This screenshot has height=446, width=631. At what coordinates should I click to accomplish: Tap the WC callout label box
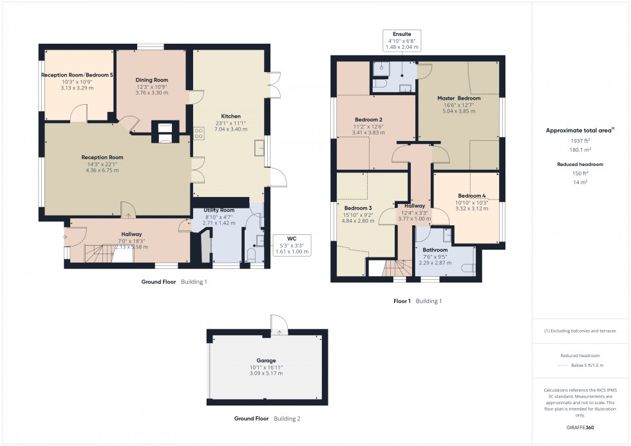click(292, 245)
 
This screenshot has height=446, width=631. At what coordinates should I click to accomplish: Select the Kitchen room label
click(231, 116)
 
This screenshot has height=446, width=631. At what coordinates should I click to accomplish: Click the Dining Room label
click(152, 80)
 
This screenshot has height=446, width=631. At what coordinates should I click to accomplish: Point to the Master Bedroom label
click(459, 98)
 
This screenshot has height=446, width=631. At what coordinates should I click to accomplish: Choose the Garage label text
click(266, 360)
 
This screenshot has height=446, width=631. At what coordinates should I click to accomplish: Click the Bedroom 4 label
click(472, 196)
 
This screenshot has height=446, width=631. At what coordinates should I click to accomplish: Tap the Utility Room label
click(219, 210)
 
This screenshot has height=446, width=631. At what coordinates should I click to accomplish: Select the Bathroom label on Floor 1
click(435, 250)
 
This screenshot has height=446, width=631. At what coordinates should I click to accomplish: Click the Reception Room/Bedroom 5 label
click(77, 75)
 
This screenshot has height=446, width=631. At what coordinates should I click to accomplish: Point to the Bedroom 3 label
click(358, 208)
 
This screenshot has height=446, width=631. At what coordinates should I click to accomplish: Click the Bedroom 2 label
click(368, 120)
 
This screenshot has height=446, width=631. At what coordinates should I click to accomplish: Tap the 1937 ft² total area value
click(579, 141)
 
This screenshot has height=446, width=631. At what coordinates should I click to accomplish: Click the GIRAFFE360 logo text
click(579, 427)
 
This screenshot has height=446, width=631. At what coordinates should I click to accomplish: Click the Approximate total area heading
click(579, 130)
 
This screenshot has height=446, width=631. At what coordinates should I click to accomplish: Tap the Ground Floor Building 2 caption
click(267, 418)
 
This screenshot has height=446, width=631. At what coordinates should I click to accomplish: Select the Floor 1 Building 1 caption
click(417, 301)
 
